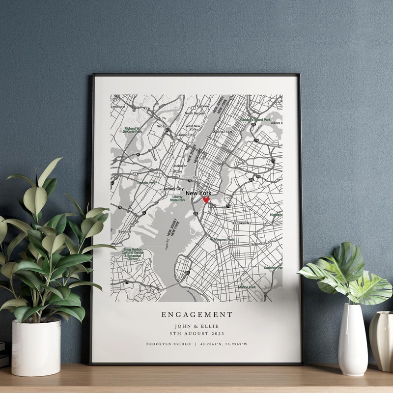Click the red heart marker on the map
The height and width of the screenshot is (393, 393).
(206, 200)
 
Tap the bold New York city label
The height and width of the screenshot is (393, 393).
(198, 194)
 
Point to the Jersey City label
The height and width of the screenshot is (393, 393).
(173, 189)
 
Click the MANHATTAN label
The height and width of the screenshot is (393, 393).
(223, 132)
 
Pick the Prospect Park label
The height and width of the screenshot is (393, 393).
(224, 240)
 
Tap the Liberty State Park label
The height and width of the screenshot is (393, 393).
(177, 198)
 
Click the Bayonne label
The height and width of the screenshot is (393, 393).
(125, 231)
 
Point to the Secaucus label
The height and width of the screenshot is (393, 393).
(164, 126)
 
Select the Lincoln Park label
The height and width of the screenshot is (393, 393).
(146, 183)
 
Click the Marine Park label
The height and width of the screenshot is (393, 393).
(247, 287)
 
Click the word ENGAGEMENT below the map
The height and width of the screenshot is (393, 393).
(196, 315)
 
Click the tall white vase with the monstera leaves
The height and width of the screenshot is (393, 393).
(352, 339)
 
